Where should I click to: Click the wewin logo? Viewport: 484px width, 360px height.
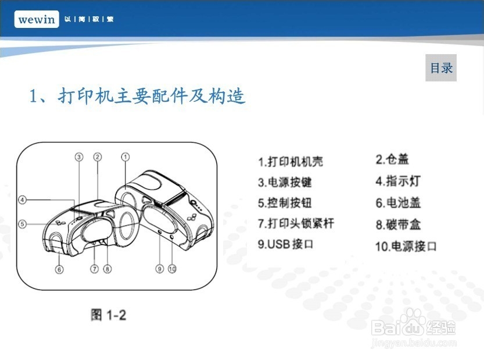click(x=37, y=19)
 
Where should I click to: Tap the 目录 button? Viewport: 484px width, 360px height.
click(x=441, y=68)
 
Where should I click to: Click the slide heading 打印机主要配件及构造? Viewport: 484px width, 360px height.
click(x=138, y=96)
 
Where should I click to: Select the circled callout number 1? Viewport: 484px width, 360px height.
click(x=126, y=156)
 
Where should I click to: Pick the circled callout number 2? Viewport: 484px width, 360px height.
click(x=98, y=156)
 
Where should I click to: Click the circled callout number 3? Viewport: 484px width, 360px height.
click(x=79, y=156)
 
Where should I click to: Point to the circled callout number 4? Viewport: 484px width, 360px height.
click(x=23, y=200)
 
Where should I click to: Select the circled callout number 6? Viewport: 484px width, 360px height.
click(x=59, y=269)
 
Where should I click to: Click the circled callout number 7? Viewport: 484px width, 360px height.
click(x=94, y=269)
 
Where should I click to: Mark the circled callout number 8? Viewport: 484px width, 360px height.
click(x=107, y=269)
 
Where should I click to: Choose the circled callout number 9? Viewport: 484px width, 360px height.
click(x=159, y=269)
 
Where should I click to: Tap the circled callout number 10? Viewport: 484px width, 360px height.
click(x=172, y=269)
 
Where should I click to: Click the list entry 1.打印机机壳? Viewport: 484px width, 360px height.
click(x=291, y=162)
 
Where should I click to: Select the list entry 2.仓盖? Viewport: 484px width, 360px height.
click(x=392, y=159)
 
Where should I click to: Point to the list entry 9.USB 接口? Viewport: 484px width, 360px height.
click(x=286, y=244)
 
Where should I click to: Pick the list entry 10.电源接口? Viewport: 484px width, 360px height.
click(x=405, y=246)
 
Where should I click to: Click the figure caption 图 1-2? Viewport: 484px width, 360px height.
click(x=109, y=315)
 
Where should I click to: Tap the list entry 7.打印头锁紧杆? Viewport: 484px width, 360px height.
click(x=296, y=223)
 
